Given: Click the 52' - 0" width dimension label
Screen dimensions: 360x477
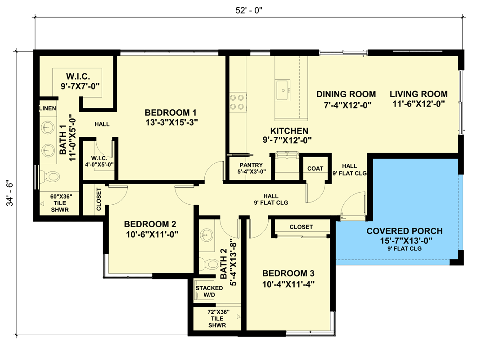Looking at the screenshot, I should tap(248, 9).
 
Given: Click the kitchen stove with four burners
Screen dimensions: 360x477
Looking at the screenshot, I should tap(238, 102).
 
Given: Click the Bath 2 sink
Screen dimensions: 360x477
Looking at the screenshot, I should tap(207, 235).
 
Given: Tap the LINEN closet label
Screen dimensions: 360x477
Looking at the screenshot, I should tap(47, 108).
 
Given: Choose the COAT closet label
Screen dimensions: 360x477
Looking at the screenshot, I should tap(315, 168).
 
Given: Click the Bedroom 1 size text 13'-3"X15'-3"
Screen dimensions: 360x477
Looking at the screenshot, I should tap(171, 121).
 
